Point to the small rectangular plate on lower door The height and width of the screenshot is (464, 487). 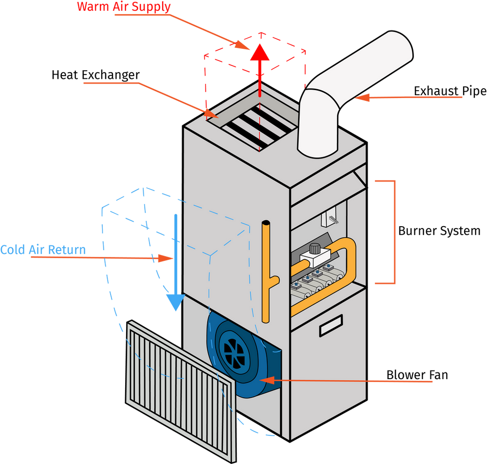pyautogui.click(x=331, y=325)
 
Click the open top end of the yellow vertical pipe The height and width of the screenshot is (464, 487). pyautogui.click(x=265, y=224)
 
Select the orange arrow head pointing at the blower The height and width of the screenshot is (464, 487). pyautogui.click(x=265, y=379)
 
